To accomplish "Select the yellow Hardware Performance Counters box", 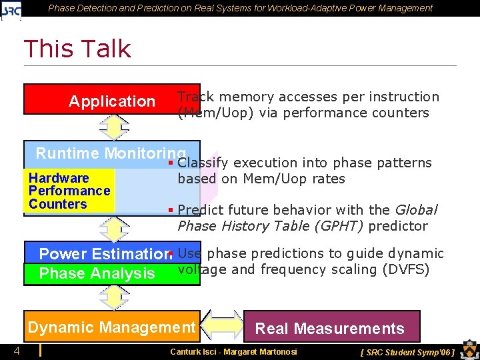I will point(69,191).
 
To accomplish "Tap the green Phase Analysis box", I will point(97,273).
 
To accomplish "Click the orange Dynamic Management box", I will point(111,327).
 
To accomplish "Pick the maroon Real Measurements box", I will point(331,328).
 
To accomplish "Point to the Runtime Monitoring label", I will point(110,153).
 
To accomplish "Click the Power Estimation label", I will point(103,254).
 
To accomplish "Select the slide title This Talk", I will point(77,49).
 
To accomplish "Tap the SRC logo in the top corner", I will point(12,9).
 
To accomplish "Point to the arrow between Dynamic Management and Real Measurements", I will point(221,325).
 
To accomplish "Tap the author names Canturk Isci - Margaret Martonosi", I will point(233,351).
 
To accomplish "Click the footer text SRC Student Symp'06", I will point(407,351).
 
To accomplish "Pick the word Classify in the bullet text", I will point(203,163).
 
